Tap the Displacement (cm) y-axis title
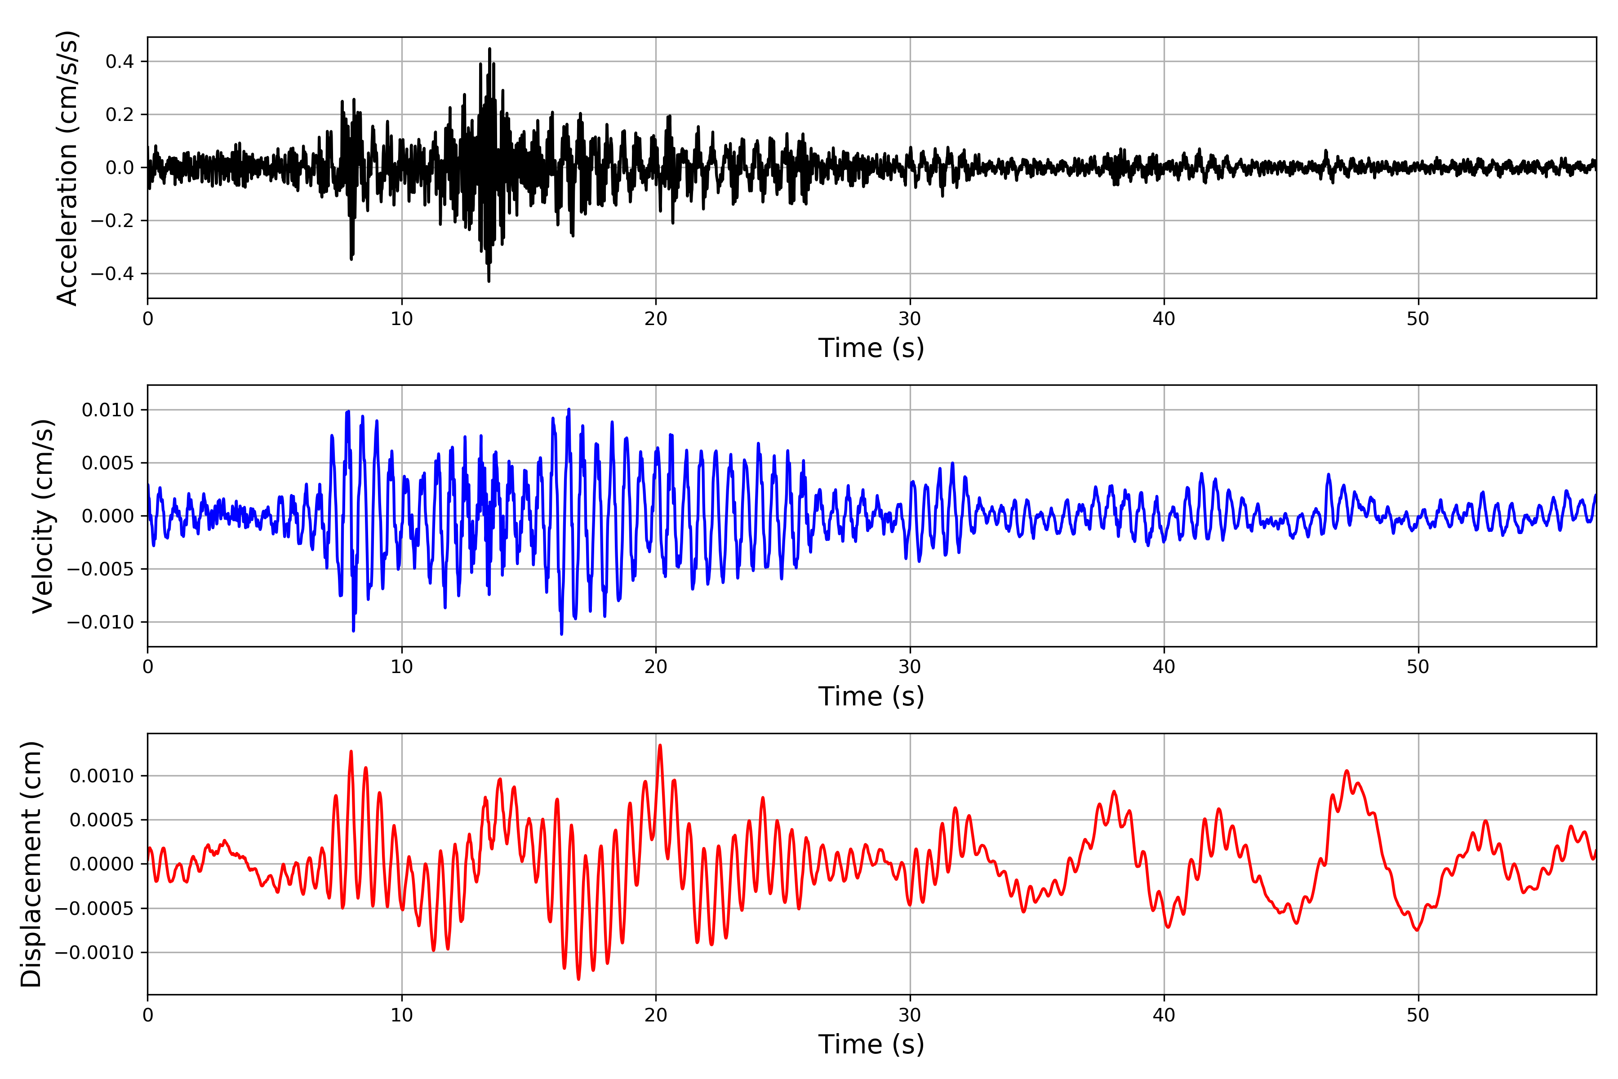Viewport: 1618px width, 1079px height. coord(31,864)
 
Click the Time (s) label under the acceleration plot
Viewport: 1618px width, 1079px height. coord(871,348)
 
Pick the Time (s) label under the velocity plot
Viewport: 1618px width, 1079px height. coord(871,696)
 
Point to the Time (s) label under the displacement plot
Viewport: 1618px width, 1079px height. coord(871,1044)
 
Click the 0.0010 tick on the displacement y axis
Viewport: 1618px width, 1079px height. coord(102,776)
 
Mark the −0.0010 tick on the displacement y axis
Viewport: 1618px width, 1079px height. coord(94,953)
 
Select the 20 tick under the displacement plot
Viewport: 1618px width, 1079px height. coord(656,1015)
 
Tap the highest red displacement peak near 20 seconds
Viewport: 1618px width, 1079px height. coord(660,745)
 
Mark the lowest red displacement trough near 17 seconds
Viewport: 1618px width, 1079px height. coord(578,979)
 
